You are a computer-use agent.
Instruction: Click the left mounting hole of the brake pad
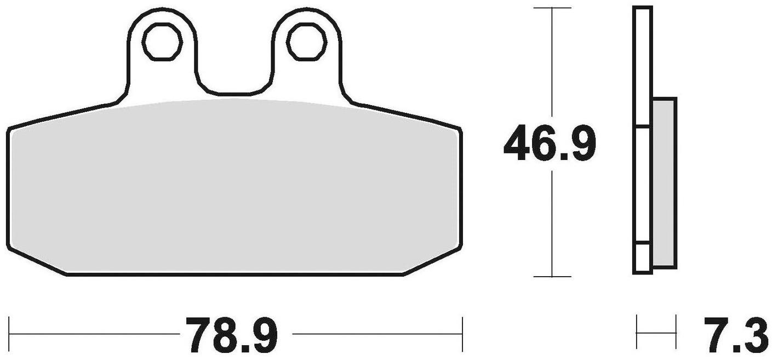[162, 42]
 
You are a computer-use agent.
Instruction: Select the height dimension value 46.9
[549, 144]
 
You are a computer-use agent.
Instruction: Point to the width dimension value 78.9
[232, 335]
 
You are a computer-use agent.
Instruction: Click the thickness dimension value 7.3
[737, 335]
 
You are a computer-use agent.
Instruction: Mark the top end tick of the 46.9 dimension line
[552, 8]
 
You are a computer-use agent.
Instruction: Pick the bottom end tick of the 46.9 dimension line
[552, 277]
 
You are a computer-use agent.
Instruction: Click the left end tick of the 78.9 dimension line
[10, 333]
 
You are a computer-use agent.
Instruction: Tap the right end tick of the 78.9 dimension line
[463, 333]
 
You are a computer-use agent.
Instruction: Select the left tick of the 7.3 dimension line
[637, 333]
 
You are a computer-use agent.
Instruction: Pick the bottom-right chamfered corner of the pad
[433, 261]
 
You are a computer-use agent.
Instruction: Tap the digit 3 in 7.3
[756, 335]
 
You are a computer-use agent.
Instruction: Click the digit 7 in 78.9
[198, 335]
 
